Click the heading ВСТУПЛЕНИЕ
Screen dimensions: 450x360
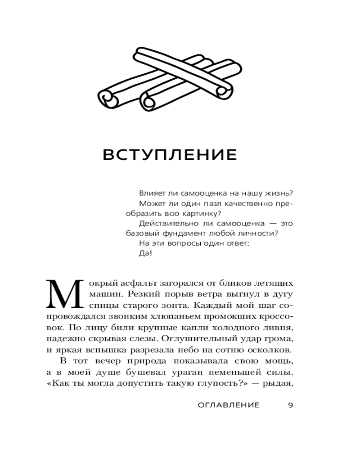(170, 154)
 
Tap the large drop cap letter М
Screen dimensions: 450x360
(64, 295)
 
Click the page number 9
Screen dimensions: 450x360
(290, 405)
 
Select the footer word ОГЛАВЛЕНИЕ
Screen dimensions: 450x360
(229, 405)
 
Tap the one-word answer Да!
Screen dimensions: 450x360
(146, 253)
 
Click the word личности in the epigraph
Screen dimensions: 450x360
(260, 234)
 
